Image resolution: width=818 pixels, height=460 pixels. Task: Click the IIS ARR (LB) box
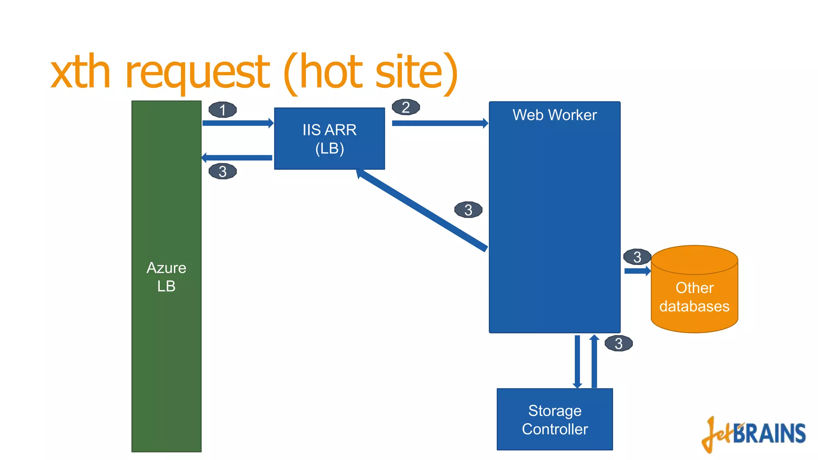[329, 139]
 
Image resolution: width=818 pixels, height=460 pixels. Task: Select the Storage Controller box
[554, 419]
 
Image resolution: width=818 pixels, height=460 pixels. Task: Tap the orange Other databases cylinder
[694, 295]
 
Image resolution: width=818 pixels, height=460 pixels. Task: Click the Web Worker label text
[554, 115]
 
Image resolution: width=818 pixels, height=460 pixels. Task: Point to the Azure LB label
[166, 277]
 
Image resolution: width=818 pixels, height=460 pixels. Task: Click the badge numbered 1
[222, 110]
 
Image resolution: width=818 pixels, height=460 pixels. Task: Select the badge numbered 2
[405, 107]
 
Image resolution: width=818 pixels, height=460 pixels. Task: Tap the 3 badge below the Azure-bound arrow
[222, 172]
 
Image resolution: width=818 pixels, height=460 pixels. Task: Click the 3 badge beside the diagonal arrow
[468, 210]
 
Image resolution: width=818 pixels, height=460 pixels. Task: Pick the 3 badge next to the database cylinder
[637, 257]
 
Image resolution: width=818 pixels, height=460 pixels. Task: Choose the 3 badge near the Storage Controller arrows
[618, 343]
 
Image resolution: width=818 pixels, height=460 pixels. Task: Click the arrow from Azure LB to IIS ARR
[238, 123]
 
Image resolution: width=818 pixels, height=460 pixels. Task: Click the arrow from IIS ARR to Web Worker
[439, 123]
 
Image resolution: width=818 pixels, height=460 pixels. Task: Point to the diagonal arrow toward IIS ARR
[421, 210]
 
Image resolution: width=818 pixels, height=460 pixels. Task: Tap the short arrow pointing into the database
[637, 271]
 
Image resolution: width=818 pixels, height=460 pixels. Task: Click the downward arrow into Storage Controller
[577, 361]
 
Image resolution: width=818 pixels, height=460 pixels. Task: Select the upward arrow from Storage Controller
[594, 361]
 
